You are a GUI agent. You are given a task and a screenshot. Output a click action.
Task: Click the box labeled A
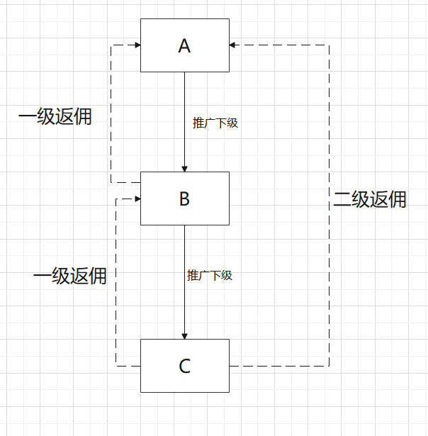[x=184, y=45]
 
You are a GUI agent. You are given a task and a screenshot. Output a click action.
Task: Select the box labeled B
[x=184, y=199]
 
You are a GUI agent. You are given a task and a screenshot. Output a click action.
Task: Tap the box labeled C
[x=184, y=366]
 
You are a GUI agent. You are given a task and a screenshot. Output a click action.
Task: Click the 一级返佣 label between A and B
[x=55, y=117]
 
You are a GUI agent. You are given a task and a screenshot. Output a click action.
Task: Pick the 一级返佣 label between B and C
[x=70, y=275]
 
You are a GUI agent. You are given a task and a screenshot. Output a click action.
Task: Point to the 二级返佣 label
[x=370, y=199]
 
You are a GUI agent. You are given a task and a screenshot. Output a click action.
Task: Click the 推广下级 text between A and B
[x=215, y=123]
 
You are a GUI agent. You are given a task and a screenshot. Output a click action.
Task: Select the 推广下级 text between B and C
[x=210, y=275]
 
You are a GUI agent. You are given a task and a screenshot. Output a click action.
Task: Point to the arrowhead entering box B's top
[x=184, y=168]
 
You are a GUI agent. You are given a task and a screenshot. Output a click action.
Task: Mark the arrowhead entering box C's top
[x=184, y=335]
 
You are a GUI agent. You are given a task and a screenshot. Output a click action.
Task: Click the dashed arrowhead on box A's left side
[x=137, y=45]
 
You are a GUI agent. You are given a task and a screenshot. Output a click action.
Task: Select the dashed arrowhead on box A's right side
[x=233, y=45]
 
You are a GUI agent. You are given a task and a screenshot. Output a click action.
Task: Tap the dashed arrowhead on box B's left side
[x=137, y=199]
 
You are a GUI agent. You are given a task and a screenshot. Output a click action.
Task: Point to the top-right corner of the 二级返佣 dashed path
[x=329, y=45]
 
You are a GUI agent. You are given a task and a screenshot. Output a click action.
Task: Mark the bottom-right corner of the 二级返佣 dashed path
[x=329, y=366]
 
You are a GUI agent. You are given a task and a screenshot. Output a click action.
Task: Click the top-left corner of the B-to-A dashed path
[x=111, y=45]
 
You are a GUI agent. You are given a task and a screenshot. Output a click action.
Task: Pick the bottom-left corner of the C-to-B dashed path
[x=116, y=366]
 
